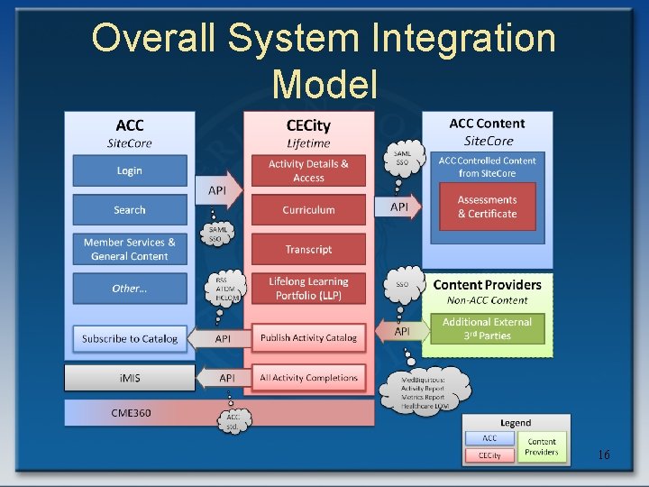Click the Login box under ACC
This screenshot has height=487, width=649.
129,170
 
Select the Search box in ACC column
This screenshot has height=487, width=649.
129,210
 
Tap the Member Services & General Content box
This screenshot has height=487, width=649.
129,249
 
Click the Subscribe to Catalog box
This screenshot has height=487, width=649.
129,338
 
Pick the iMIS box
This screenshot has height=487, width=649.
129,378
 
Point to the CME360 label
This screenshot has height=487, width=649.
131,413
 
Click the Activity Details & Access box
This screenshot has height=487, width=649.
308,170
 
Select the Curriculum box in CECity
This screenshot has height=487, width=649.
308,210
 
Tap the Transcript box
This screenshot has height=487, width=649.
308,249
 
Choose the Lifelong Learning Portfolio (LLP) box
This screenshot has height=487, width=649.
308,289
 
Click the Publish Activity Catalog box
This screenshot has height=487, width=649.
308,338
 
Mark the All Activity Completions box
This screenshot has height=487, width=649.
308,378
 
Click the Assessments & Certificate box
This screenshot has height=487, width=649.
487,207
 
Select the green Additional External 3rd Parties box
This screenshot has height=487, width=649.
487,328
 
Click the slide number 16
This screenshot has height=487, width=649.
603,455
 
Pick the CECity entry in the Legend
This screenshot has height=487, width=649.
490,455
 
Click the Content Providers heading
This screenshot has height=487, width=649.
487,285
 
